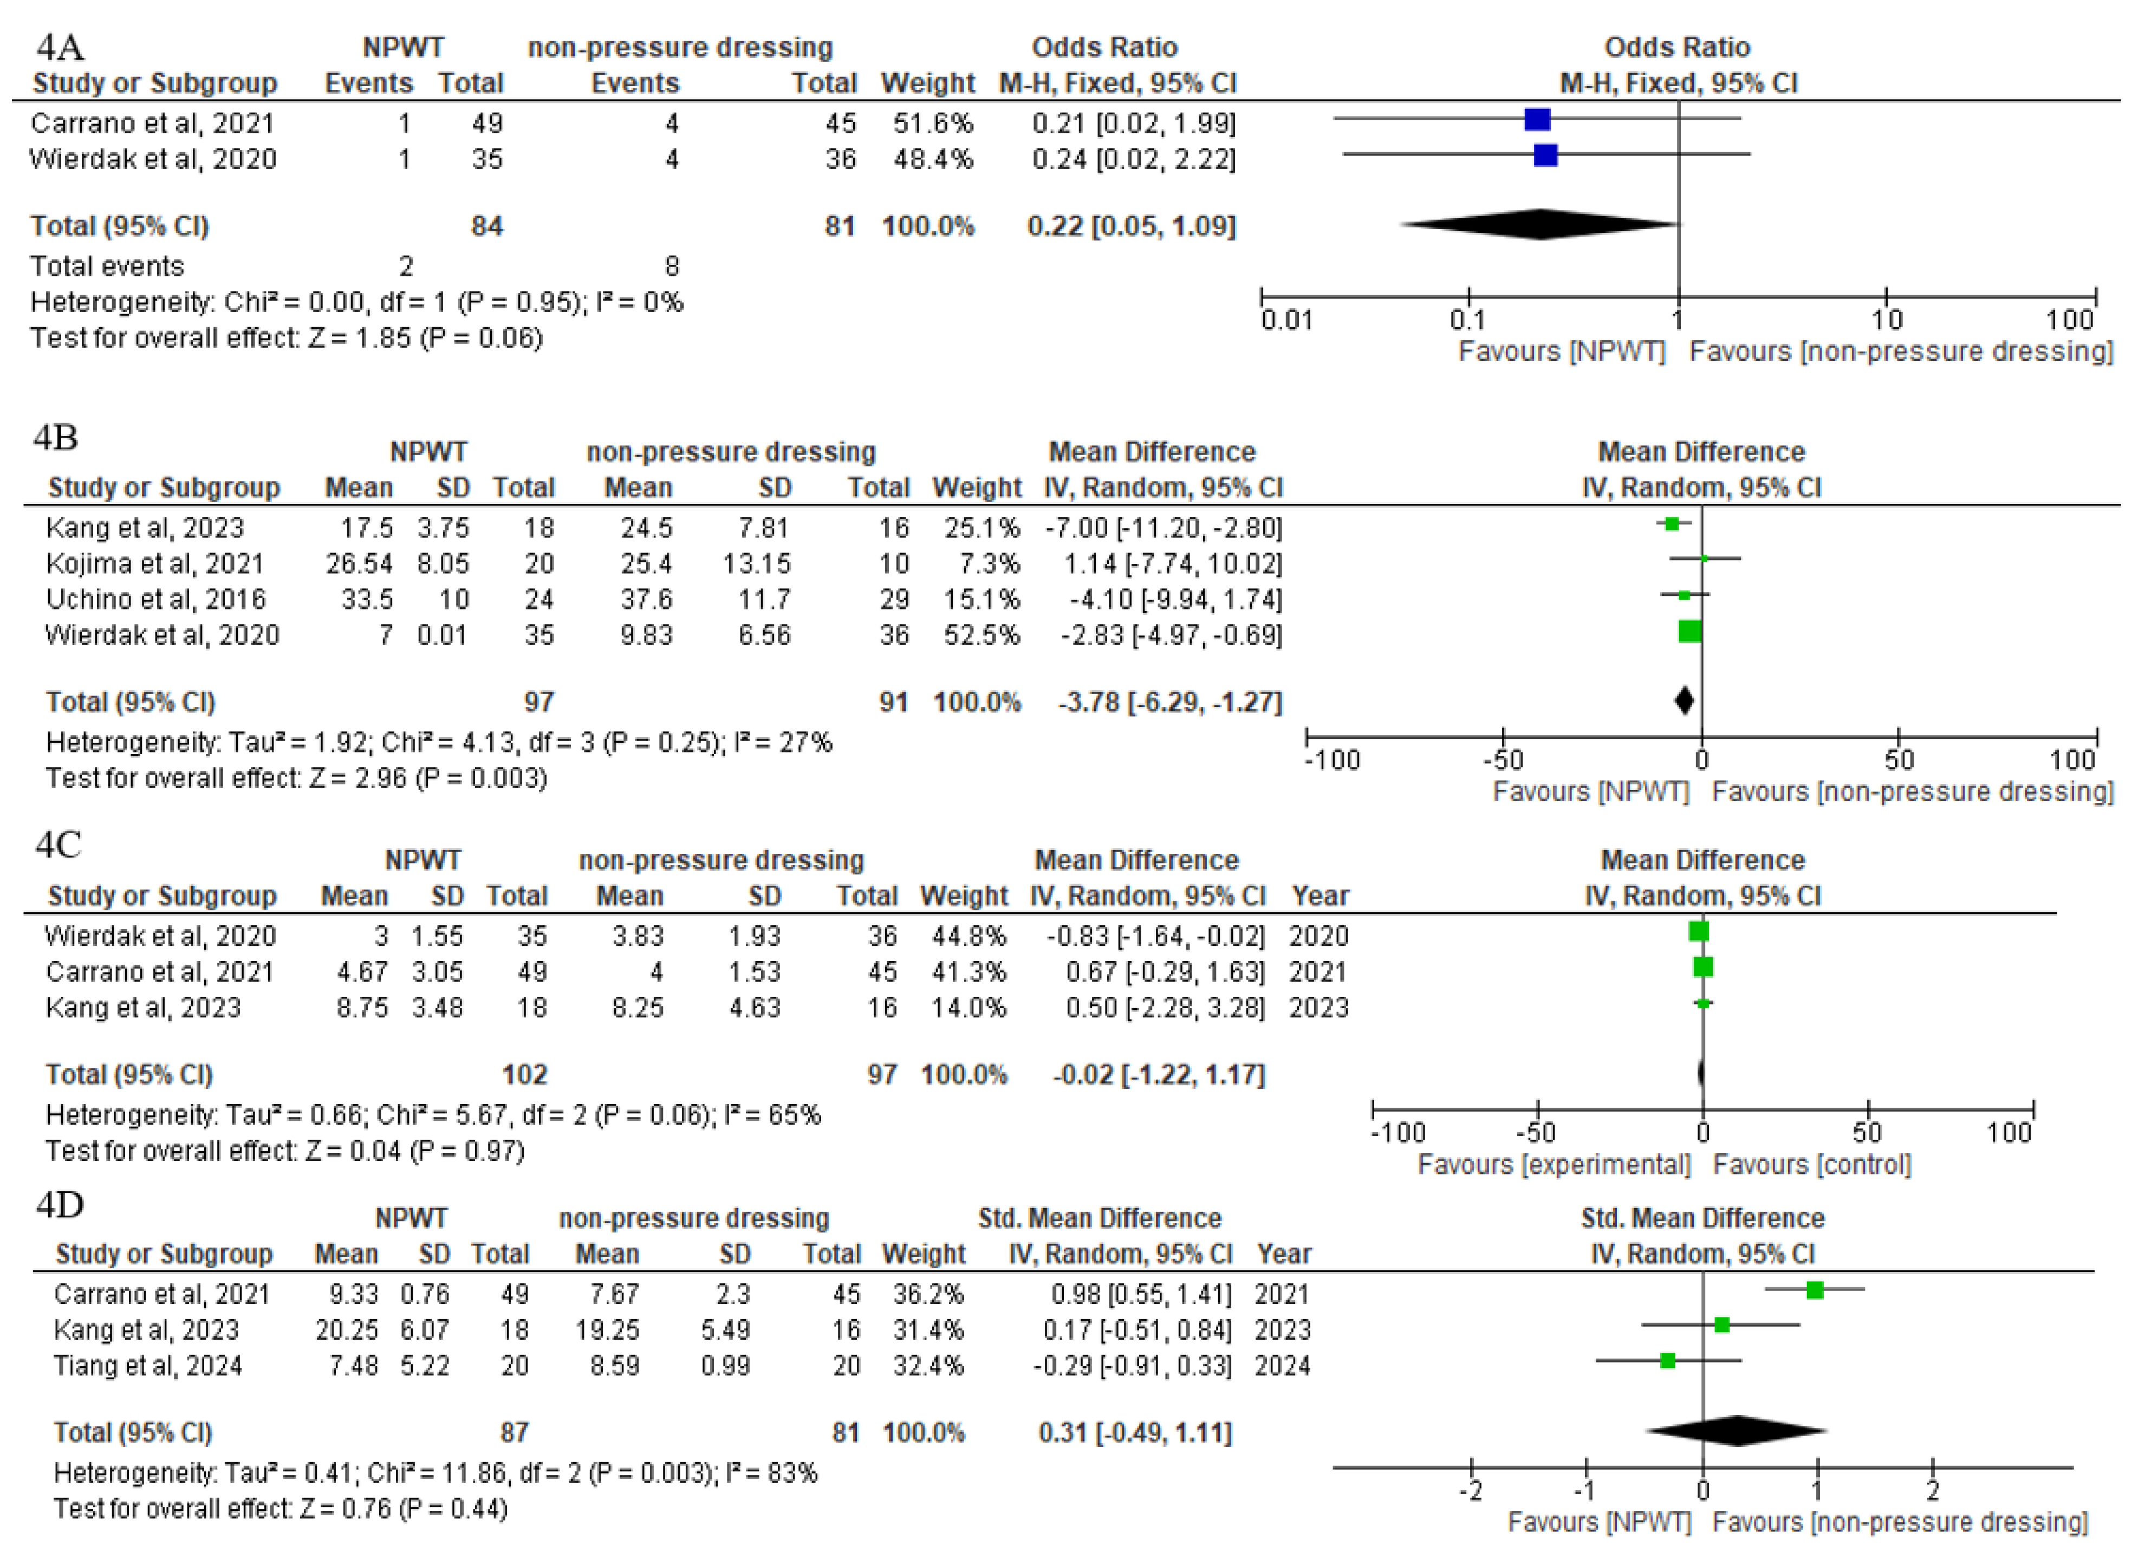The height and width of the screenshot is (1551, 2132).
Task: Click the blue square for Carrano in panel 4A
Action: tap(1537, 119)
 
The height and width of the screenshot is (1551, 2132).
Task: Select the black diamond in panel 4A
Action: tap(1540, 225)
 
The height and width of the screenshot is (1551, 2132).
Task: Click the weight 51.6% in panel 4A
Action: tap(933, 123)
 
